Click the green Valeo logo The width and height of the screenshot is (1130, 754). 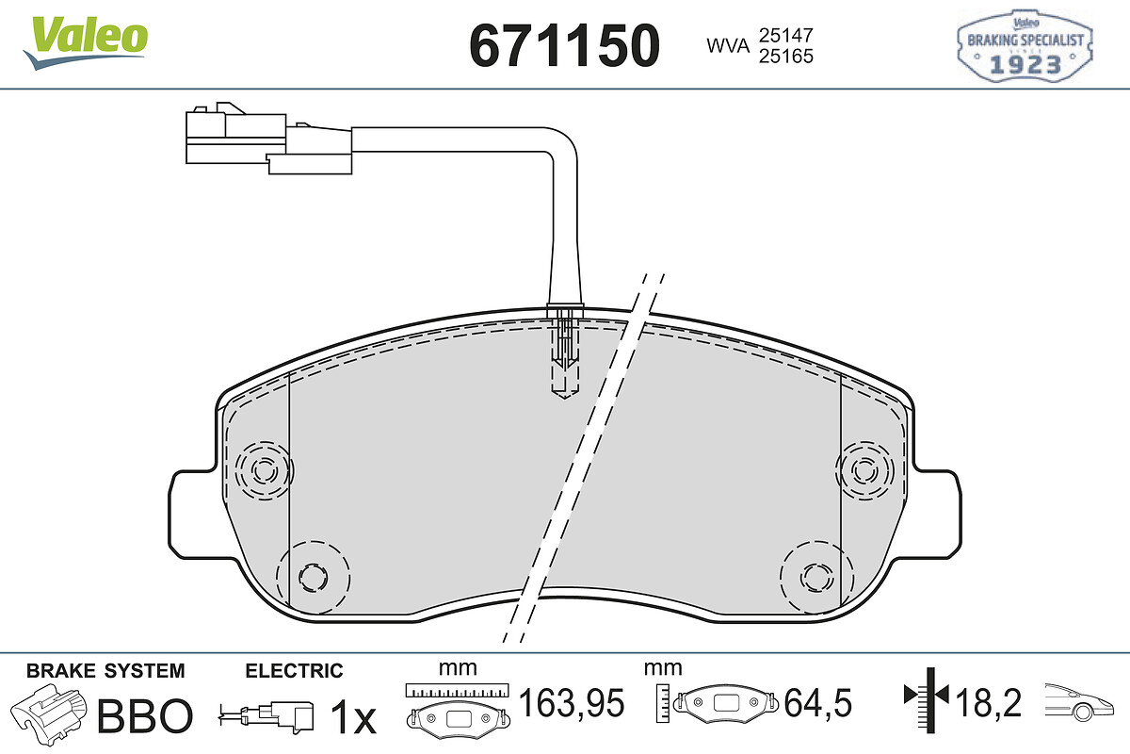click(x=86, y=42)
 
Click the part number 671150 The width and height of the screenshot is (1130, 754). click(x=564, y=45)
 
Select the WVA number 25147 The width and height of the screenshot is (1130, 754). click(x=786, y=36)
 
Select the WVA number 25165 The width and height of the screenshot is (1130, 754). click(x=786, y=56)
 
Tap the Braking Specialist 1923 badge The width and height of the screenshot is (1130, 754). click(x=1025, y=46)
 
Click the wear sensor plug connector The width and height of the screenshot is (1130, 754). click(x=268, y=138)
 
